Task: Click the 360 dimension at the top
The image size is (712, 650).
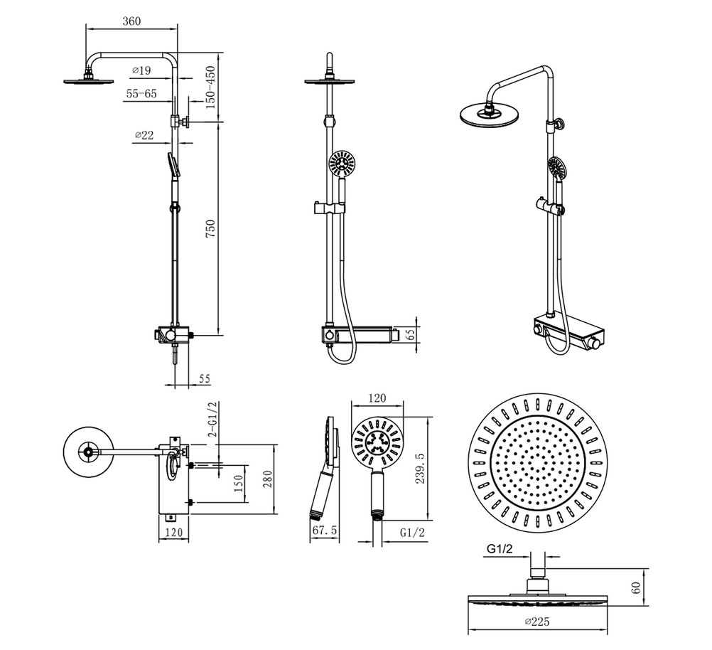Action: (131, 21)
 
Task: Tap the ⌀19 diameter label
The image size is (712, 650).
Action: (141, 70)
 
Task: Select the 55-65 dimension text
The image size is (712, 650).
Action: (141, 94)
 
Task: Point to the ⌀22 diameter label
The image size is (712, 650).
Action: (144, 135)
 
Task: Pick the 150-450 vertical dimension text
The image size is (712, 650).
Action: (210, 87)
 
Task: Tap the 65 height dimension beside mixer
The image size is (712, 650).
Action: (410, 335)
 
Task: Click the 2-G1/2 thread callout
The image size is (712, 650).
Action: (212, 419)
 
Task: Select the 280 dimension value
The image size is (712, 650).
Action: (267, 480)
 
